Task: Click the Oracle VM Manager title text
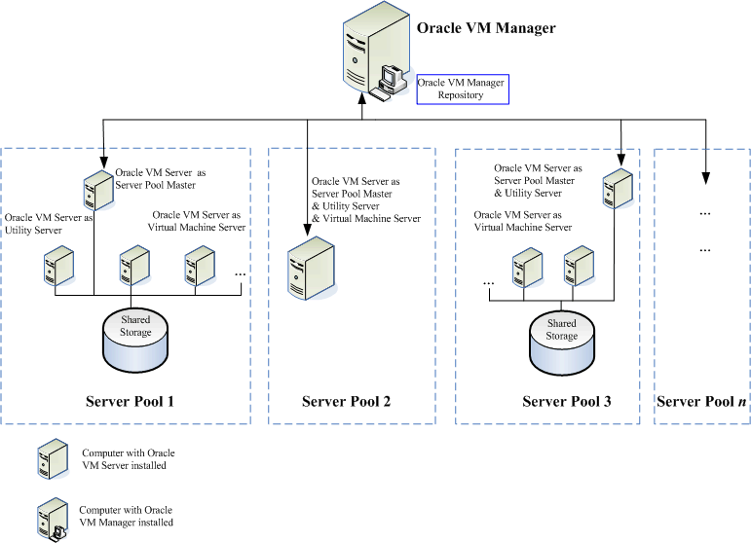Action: [x=486, y=28]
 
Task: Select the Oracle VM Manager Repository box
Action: [x=461, y=89]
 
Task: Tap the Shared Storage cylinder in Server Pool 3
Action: [x=561, y=341]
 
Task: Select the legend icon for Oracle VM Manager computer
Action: [x=51, y=518]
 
